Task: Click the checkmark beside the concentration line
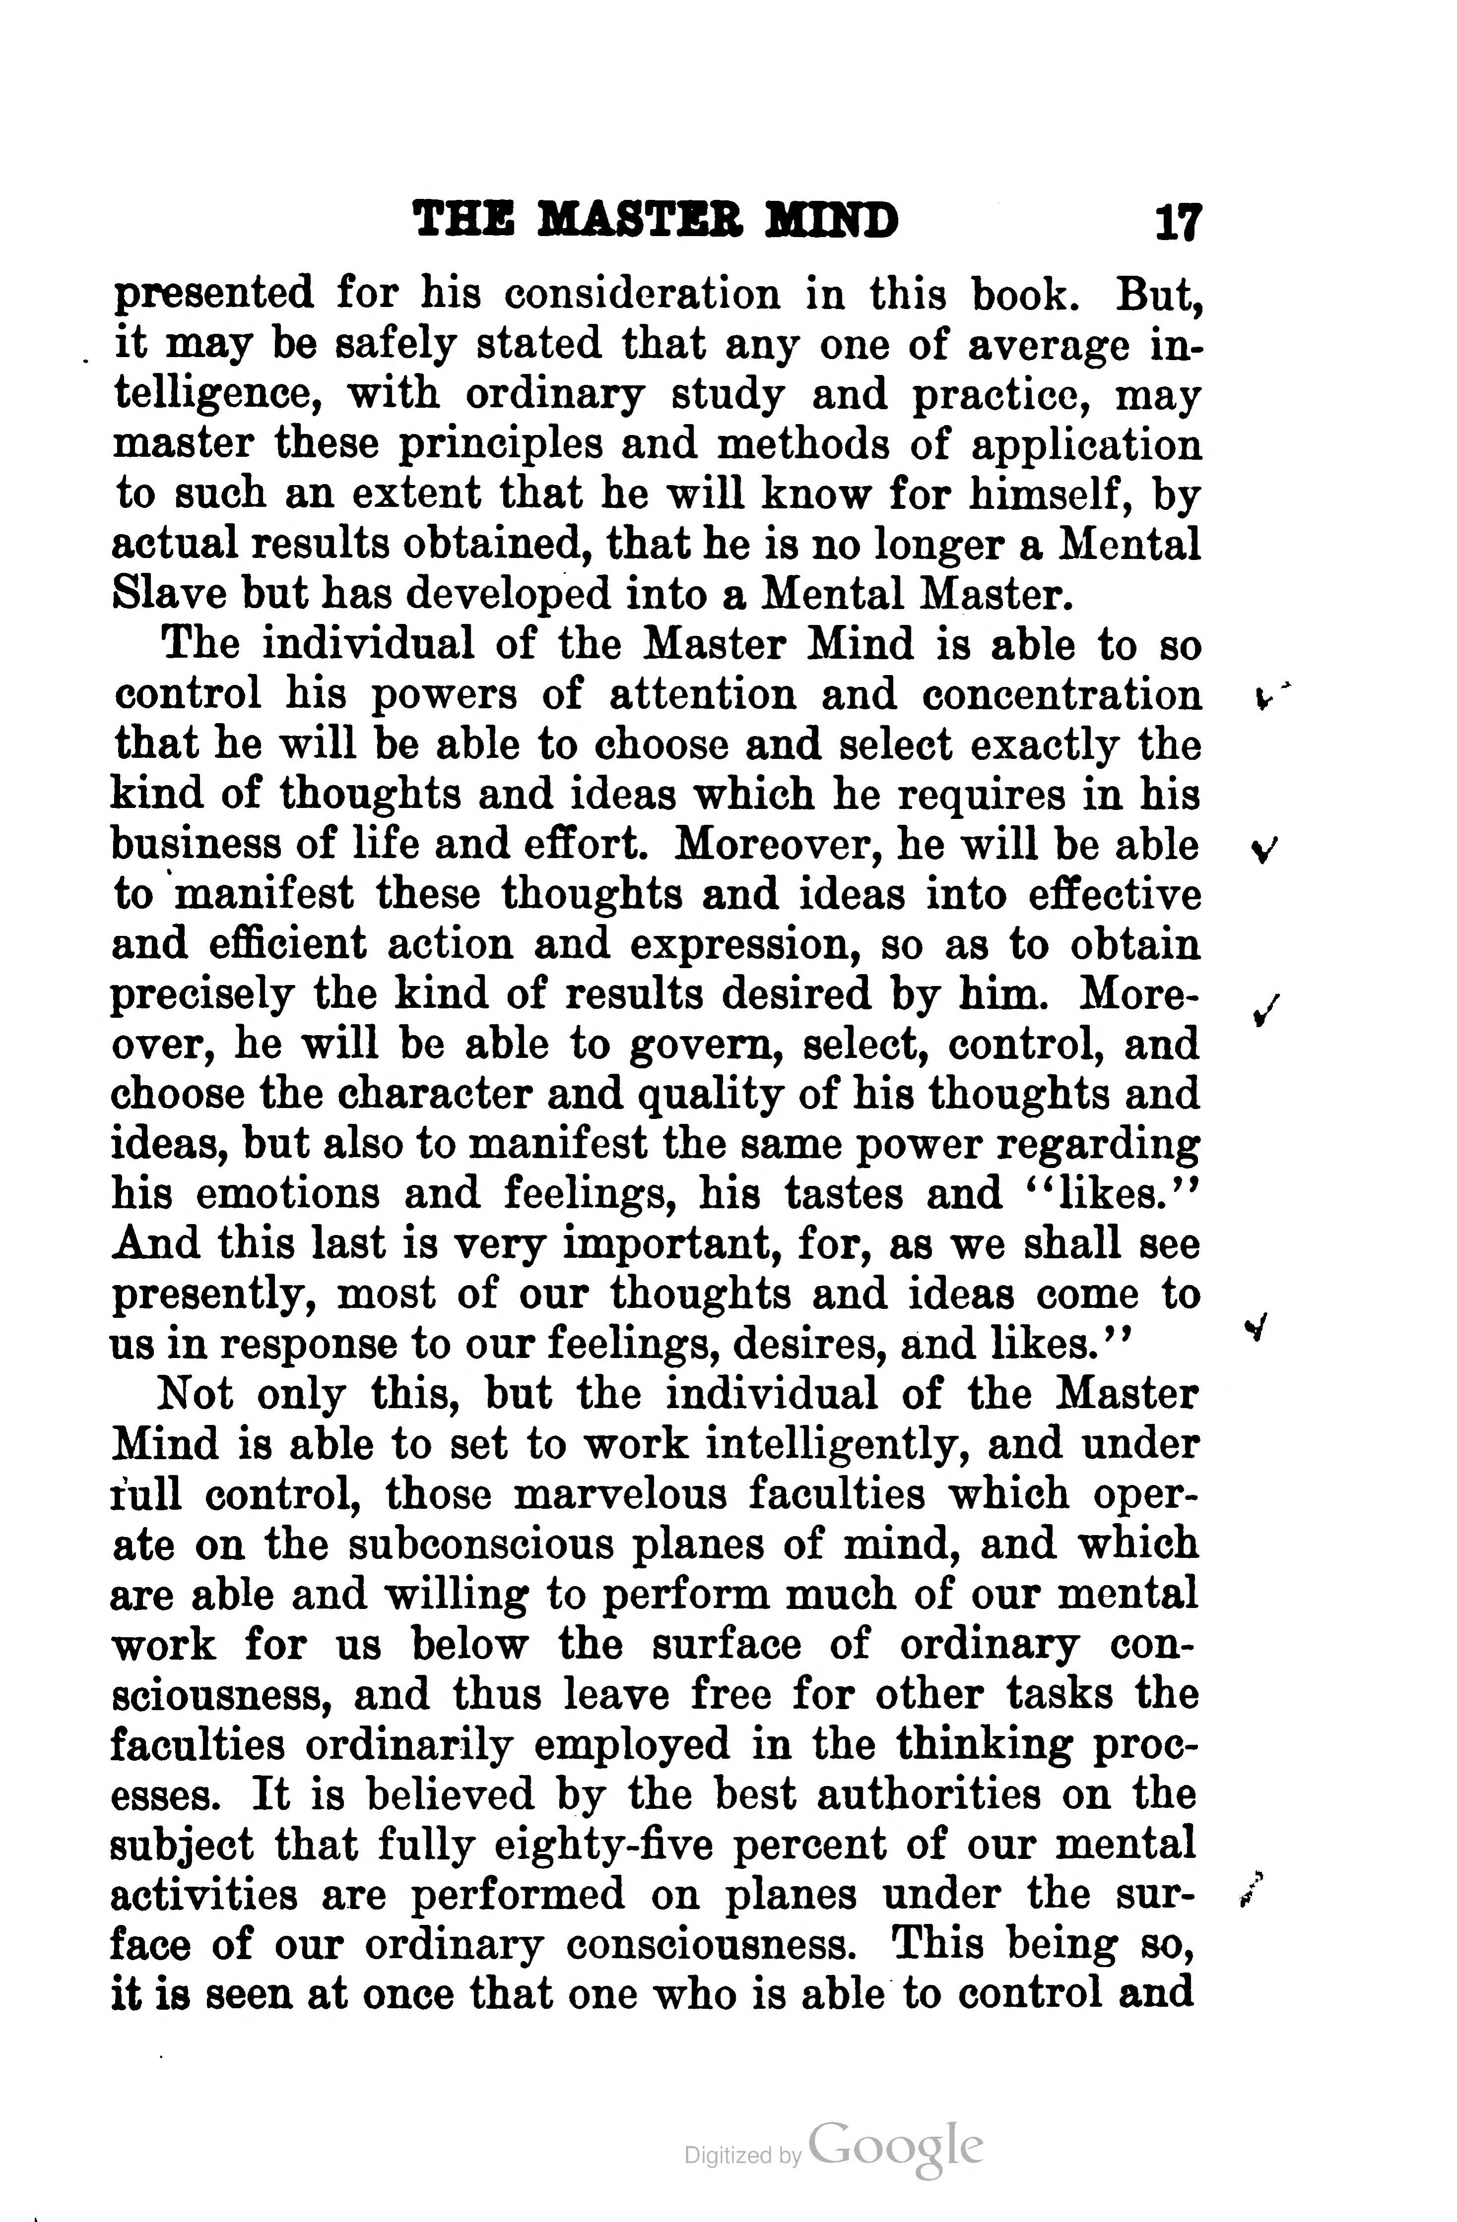pos(1263,696)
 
